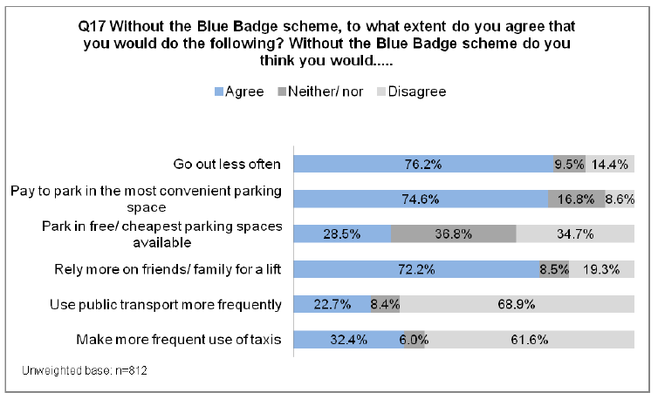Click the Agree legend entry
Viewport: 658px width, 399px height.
(x=238, y=91)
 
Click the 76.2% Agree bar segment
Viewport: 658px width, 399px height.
(x=422, y=164)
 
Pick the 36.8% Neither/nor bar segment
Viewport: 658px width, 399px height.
(x=453, y=233)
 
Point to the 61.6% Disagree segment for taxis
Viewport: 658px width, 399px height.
(x=530, y=339)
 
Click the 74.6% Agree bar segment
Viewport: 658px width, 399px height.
(x=421, y=199)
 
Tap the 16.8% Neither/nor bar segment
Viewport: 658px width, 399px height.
(x=576, y=199)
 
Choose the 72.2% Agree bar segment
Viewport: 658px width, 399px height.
(x=416, y=269)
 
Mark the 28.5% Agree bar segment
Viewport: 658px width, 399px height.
(x=342, y=233)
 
